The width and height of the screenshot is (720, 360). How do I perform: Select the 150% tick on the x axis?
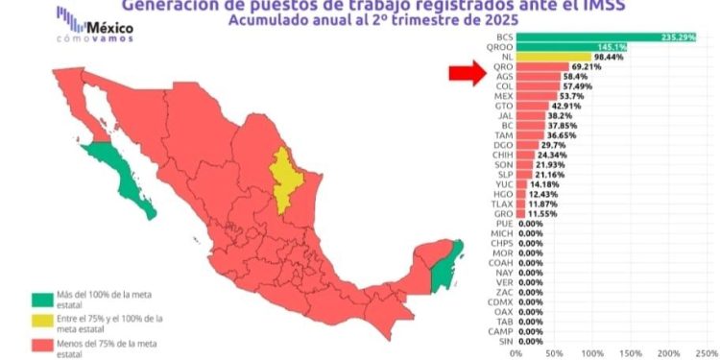coord(632,352)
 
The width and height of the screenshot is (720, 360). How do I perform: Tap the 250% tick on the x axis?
coord(706,352)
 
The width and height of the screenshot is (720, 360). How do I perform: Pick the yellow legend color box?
coord(40,322)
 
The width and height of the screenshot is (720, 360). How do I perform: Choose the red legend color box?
coord(40,344)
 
